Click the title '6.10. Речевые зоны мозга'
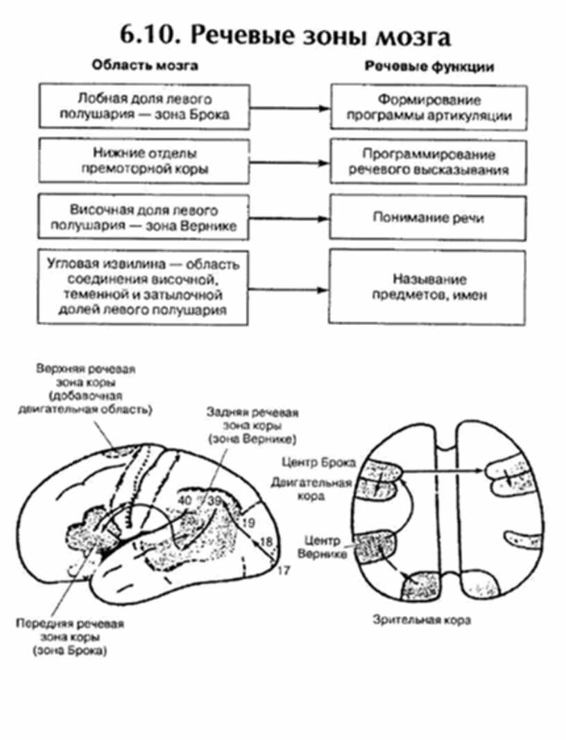pos(283,36)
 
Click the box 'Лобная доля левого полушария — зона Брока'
pos(144,107)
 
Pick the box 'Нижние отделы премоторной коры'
pos(144,161)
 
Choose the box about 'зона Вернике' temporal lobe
pos(144,218)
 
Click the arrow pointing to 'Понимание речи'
pos(289,218)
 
